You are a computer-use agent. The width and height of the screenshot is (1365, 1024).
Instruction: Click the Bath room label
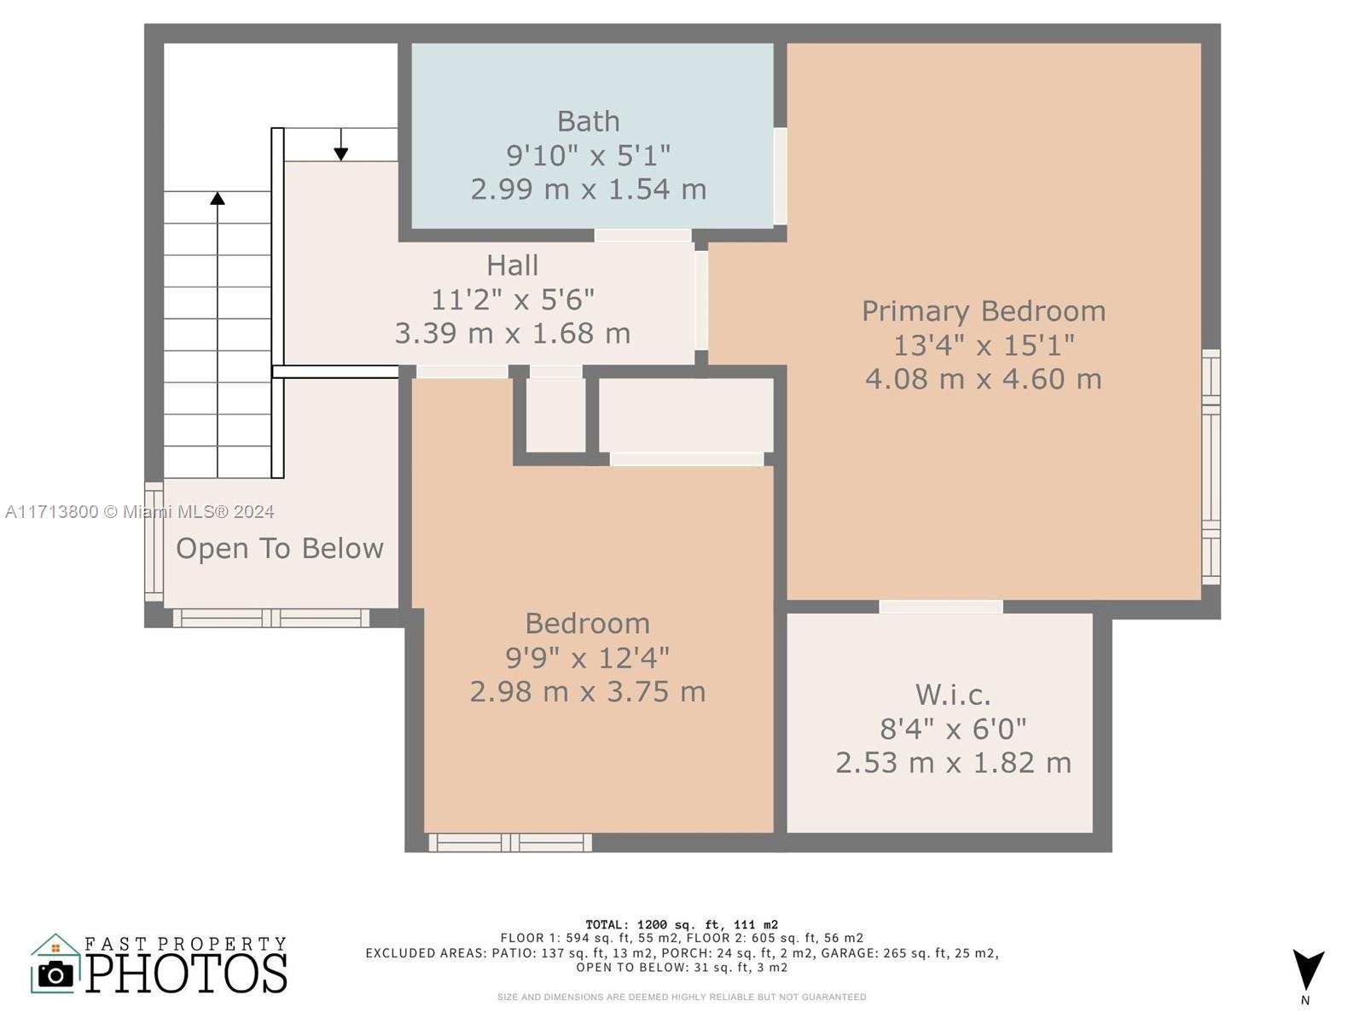(x=588, y=121)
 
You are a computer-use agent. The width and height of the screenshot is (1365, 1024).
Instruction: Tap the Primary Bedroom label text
(x=983, y=311)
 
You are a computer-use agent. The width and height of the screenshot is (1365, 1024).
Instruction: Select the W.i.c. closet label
(x=953, y=695)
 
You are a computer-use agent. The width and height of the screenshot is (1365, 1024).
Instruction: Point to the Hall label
(x=512, y=265)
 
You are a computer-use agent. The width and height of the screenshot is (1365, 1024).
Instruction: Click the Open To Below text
(x=279, y=549)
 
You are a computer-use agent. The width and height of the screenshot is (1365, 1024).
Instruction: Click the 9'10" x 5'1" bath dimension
(x=588, y=154)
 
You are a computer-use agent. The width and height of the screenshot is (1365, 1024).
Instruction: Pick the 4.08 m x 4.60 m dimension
(x=983, y=379)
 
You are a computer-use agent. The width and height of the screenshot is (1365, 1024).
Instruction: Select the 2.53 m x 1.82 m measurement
(x=953, y=762)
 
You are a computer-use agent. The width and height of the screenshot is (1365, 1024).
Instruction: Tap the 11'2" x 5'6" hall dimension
(x=512, y=300)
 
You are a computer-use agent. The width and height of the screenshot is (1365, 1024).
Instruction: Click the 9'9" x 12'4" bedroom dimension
(x=587, y=657)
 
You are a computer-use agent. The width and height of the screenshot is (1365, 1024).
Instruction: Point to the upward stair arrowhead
(x=217, y=198)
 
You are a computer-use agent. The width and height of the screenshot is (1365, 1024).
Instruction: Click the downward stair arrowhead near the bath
(x=340, y=154)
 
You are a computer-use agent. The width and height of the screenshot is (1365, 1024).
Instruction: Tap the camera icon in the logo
(x=55, y=975)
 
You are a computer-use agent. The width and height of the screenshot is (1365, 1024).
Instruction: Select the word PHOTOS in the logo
(x=186, y=973)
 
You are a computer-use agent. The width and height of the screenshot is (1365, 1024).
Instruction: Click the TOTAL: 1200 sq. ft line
(x=682, y=924)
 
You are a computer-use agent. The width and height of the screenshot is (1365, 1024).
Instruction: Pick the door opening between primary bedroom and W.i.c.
(x=940, y=607)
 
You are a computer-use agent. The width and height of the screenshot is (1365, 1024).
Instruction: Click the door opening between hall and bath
(x=642, y=236)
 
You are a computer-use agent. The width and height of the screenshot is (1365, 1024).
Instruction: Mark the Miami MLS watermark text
(x=139, y=512)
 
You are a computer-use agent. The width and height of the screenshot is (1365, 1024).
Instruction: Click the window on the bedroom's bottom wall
(x=510, y=842)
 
